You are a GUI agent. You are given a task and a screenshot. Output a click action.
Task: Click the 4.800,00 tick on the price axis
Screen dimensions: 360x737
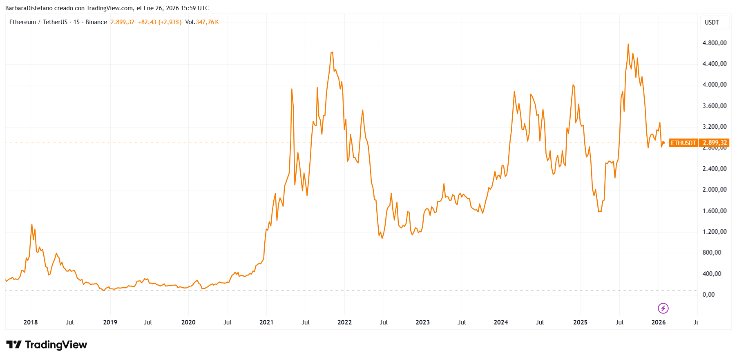(x=714, y=43)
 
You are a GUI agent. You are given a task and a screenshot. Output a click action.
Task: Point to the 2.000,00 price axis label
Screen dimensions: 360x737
(x=714, y=190)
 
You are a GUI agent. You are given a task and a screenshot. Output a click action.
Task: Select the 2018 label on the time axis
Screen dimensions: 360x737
(x=31, y=322)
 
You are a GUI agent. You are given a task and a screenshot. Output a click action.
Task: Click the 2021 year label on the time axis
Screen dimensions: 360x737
(x=266, y=322)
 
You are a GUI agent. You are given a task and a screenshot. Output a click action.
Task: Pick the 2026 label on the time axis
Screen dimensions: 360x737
(x=658, y=322)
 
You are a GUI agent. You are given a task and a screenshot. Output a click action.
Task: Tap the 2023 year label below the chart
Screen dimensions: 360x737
(x=422, y=322)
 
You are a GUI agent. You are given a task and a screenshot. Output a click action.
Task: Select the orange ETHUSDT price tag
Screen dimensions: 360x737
(x=683, y=143)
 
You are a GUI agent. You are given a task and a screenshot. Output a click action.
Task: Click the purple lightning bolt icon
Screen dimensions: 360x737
(x=663, y=308)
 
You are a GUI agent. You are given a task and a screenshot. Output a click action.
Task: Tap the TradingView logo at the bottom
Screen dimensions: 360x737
(x=47, y=345)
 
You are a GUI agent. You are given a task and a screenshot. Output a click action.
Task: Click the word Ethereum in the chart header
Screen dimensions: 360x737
(x=22, y=22)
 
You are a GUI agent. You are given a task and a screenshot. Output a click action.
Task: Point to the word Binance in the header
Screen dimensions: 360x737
(x=96, y=22)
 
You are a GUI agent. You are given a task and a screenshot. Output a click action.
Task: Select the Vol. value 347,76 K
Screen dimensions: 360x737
(x=207, y=22)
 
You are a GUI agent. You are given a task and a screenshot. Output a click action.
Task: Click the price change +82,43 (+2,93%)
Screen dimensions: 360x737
(x=160, y=22)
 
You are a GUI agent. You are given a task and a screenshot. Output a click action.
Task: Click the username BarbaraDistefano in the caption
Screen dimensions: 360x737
(x=29, y=8)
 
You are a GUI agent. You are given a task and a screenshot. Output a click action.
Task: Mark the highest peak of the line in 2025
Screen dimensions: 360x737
(x=628, y=44)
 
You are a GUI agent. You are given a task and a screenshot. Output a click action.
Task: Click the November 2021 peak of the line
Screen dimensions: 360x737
(x=332, y=52)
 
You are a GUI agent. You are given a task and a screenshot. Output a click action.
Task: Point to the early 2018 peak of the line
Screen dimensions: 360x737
(x=32, y=224)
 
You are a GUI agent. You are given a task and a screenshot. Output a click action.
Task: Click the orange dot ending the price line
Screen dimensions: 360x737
(x=663, y=143)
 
